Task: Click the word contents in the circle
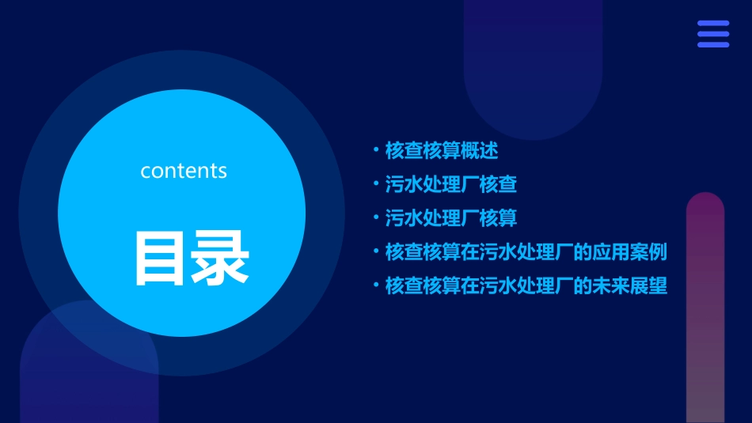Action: [x=183, y=171]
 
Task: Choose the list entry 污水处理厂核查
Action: [x=450, y=185]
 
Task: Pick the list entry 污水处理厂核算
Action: [x=450, y=217]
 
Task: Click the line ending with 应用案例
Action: [x=526, y=252]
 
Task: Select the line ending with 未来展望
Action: [x=526, y=285]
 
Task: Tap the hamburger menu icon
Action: [x=712, y=34]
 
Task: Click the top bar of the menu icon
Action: [x=712, y=24]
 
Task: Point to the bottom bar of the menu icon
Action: [x=712, y=44]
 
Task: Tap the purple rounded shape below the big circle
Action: [x=87, y=380]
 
